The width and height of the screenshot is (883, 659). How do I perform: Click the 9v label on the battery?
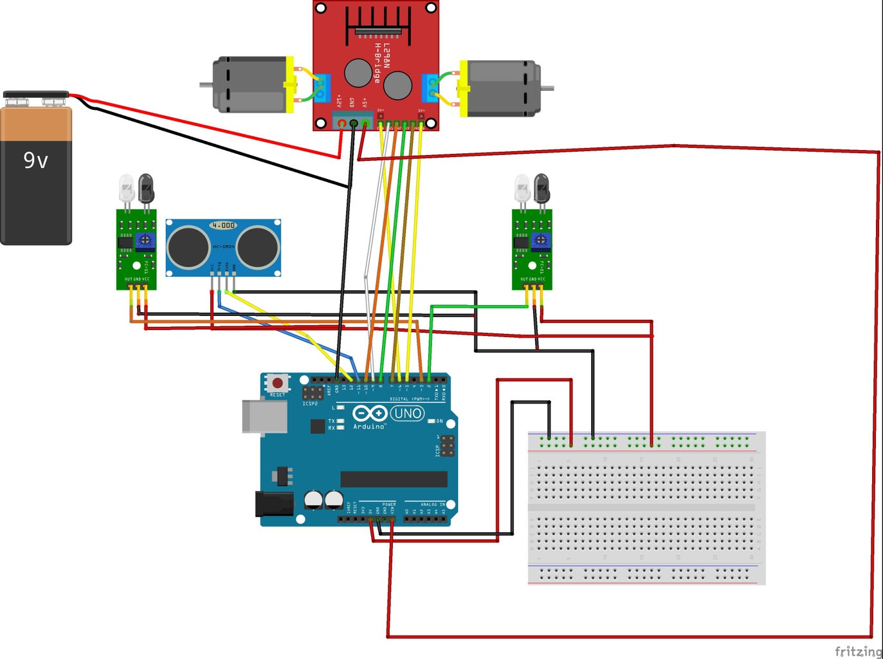pos(36,160)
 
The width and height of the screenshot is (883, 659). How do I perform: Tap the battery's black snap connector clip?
pos(36,96)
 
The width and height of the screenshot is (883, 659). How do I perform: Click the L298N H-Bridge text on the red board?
pos(381,63)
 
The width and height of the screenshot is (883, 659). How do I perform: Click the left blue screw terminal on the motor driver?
pos(322,88)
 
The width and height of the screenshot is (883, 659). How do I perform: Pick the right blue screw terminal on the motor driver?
pos(430,88)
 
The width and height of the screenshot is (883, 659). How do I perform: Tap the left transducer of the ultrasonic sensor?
pos(188,247)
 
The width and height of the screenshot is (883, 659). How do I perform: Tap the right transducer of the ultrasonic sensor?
pos(258,247)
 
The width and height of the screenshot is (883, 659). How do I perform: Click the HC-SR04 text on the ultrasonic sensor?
pos(223,246)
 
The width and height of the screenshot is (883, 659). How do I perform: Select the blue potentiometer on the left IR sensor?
pos(145,240)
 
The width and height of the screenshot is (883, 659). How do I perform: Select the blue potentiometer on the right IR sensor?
pos(541,240)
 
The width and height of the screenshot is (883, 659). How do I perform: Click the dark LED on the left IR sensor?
pos(146,188)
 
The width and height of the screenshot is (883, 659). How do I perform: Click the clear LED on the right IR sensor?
pos(522,188)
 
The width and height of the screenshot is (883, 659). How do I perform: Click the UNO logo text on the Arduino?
pos(407,413)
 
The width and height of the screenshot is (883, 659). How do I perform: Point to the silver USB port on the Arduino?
pos(264,416)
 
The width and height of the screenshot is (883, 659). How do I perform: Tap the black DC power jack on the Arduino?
pos(273,504)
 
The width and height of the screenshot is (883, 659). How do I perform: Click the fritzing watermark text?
pos(858,651)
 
